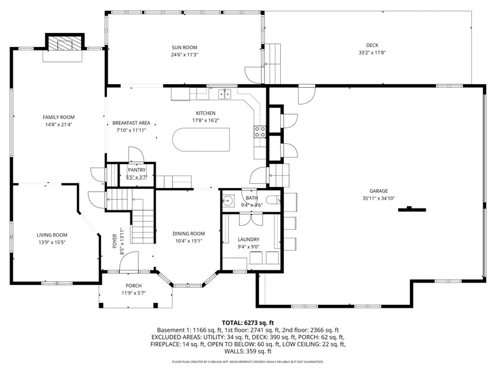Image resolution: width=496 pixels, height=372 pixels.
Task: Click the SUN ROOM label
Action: click(x=185, y=47)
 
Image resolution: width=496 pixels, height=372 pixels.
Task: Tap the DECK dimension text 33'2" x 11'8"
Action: click(x=372, y=52)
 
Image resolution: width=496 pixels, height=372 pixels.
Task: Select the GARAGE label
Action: click(x=379, y=191)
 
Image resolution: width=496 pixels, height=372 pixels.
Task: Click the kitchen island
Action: click(x=201, y=139)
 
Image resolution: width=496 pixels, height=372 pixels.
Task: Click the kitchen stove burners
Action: click(x=260, y=132)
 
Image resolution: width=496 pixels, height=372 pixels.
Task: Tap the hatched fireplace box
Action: click(x=66, y=43)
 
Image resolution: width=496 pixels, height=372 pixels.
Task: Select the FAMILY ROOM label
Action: click(x=59, y=117)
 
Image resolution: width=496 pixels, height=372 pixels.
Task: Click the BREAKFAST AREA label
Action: click(x=131, y=123)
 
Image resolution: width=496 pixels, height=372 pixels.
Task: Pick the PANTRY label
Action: click(x=136, y=170)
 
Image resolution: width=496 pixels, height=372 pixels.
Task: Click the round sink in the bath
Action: click(x=227, y=200)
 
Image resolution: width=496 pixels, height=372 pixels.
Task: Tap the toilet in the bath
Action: click(x=274, y=200)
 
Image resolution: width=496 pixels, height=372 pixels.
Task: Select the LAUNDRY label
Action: click(x=249, y=240)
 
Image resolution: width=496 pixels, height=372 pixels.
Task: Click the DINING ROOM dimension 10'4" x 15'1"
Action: click(x=189, y=241)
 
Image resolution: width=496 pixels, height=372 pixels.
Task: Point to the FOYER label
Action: click(x=115, y=241)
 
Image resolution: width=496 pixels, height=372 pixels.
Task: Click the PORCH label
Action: click(x=133, y=285)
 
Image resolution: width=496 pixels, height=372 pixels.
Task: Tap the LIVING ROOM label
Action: click(x=52, y=235)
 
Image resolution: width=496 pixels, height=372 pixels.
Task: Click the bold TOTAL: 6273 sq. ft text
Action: click(x=248, y=323)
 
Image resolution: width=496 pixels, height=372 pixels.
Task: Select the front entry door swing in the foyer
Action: click(x=129, y=261)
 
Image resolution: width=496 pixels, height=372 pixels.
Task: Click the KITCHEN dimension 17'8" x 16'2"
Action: click(x=206, y=120)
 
